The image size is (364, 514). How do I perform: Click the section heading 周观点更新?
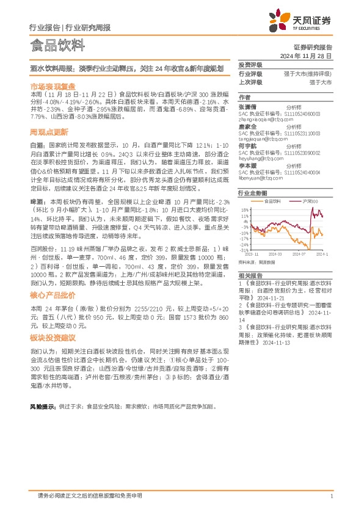tap(49, 132)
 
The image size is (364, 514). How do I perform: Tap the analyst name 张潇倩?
tap(247, 106)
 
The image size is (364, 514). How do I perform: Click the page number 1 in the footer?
tap(331, 495)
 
